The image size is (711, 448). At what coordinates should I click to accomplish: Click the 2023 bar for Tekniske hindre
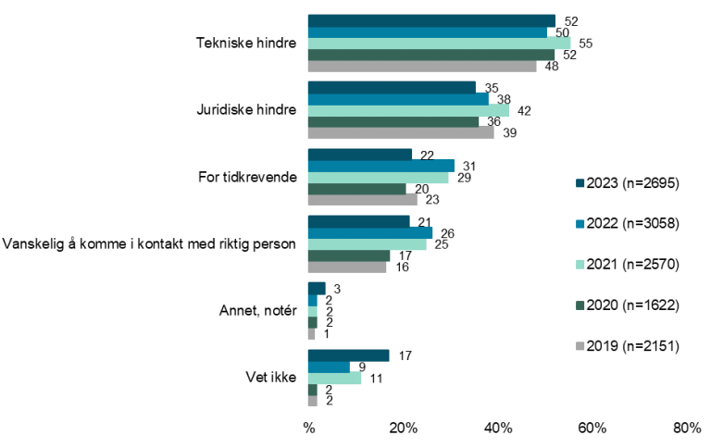point(431,20)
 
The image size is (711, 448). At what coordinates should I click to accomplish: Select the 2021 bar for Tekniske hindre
point(439,43)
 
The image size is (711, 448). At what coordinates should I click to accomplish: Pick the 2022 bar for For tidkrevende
point(380,166)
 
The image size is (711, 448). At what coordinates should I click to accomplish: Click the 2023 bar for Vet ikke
point(348,355)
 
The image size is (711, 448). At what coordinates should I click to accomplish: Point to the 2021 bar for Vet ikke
point(334,378)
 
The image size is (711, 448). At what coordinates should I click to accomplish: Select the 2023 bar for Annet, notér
point(317,288)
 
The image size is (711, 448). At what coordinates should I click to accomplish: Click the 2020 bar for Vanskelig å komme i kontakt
point(348,255)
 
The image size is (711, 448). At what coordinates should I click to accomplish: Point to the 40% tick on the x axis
point(498,428)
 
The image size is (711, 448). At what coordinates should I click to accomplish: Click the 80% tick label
point(687,428)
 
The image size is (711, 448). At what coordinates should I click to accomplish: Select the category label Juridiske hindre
point(246,109)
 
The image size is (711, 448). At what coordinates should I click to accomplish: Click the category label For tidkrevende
point(247,177)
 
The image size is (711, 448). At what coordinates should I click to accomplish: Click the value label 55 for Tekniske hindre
point(585,43)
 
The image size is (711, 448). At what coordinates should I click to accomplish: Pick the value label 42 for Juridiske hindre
point(523,110)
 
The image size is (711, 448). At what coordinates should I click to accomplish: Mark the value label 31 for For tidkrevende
point(468,165)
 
